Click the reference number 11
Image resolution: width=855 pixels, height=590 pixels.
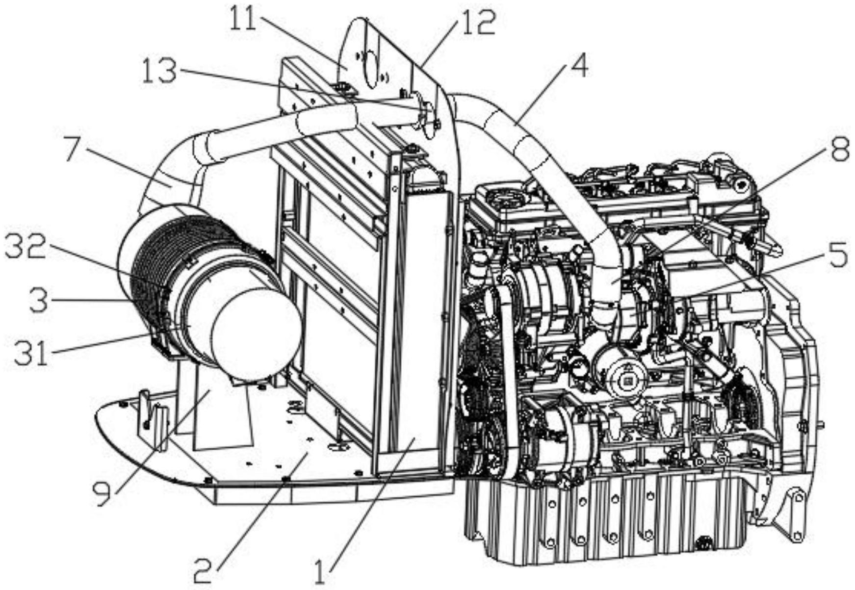coord(244,20)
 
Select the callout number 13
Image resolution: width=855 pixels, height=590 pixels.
coord(159,71)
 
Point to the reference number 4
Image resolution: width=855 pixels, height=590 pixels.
coord(579,66)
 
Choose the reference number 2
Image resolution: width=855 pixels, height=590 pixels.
coord(203,570)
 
